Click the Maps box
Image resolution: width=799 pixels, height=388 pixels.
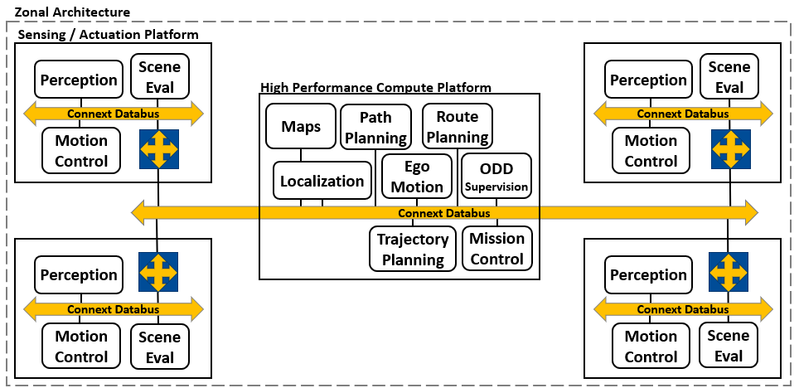[x=300, y=126]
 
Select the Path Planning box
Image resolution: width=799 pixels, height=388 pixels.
[x=375, y=126]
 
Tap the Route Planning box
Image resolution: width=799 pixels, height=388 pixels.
[x=457, y=125]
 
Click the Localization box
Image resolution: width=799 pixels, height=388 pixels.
[x=322, y=181]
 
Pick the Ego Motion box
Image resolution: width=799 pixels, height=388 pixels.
[x=417, y=177]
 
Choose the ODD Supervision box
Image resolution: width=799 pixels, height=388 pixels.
[x=496, y=177]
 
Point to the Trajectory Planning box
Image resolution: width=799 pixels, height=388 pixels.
[x=413, y=249]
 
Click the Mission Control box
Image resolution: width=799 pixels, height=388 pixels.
[x=496, y=248]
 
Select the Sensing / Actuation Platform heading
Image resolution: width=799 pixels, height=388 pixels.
[x=108, y=34]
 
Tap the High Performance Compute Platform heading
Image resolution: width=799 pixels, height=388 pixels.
[x=375, y=87]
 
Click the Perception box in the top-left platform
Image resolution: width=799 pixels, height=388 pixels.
[x=79, y=80]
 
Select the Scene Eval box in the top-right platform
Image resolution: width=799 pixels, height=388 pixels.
[x=729, y=76]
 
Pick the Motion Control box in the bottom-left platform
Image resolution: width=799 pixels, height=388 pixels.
[x=81, y=346]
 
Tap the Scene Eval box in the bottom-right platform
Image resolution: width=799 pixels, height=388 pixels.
[x=729, y=346]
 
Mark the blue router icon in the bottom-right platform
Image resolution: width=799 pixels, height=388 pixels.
[x=729, y=272]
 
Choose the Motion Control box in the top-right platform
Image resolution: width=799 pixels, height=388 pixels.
[x=651, y=151]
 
